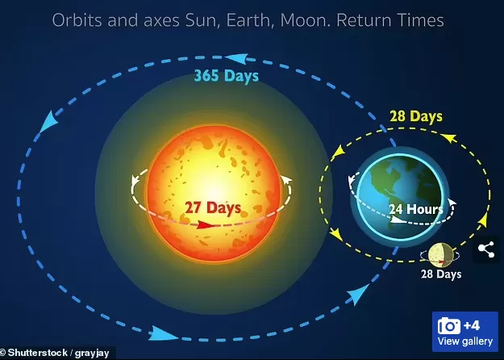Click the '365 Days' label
227,76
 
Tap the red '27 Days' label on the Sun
213,207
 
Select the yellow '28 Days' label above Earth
416,116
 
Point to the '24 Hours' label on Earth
416,209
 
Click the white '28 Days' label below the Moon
441,274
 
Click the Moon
440,255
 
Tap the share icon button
486,249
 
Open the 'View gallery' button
465,332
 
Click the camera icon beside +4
448,326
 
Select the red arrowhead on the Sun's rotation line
205,224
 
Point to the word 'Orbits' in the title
77,20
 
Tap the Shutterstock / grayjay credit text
55,353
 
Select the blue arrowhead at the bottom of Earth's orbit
163,334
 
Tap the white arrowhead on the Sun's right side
286,179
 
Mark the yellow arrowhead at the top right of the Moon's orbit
449,138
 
